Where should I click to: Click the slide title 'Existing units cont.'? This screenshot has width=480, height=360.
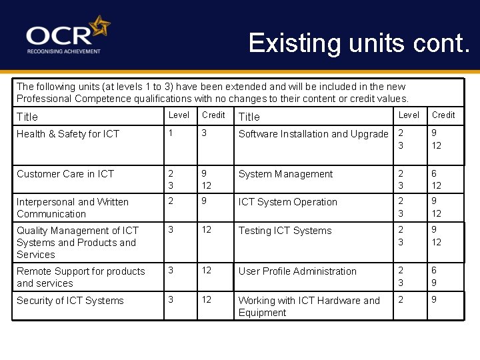[359, 43]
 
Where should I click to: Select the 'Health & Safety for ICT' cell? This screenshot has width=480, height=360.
[68, 134]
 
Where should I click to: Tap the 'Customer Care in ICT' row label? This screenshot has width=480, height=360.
[65, 174]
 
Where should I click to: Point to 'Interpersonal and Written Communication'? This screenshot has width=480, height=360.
[73, 208]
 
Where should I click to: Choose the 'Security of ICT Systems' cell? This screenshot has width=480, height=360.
[70, 301]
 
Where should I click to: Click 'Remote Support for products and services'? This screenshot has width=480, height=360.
[81, 277]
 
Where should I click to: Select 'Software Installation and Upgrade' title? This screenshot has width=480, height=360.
[313, 134]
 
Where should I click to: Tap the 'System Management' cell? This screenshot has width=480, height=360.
[285, 174]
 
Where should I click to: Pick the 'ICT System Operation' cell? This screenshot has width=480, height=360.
[288, 202]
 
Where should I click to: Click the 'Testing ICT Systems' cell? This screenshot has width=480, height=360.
[285, 231]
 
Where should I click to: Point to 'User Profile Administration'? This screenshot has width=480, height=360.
[297, 271]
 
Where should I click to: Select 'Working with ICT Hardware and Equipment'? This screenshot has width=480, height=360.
[309, 307]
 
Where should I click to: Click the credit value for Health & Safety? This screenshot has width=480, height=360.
[205, 134]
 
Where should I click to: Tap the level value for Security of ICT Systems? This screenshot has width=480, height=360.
[171, 300]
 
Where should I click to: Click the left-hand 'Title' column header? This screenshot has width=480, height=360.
[27, 117]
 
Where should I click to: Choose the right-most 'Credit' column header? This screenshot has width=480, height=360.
[443, 115]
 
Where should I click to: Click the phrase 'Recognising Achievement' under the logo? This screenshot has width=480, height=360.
[63, 51]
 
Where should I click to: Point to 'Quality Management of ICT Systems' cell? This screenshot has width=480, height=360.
[77, 243]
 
